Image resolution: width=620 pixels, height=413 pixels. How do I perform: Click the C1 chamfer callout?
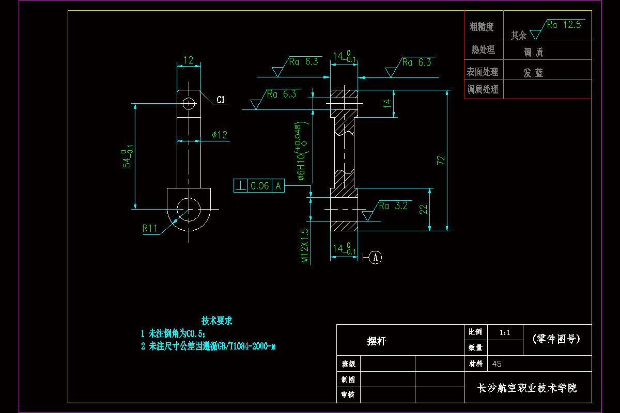coord(221,100)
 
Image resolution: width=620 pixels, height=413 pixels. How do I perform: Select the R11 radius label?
coord(150,228)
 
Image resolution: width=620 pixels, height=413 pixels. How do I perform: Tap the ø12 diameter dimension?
coord(220,135)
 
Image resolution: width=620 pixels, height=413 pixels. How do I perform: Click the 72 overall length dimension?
coord(441,160)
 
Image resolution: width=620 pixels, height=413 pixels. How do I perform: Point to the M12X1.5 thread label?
coord(305,246)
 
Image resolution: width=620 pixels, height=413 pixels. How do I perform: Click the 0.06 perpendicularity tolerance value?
coord(260,186)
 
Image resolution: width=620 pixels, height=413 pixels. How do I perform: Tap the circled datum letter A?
coord(376,257)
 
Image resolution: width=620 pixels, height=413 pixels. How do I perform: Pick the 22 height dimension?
coord(423,209)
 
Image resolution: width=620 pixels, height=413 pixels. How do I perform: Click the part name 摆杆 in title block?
coord(377,341)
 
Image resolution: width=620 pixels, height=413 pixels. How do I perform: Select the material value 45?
coord(497,364)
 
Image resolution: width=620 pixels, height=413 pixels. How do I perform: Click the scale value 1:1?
coord(505,333)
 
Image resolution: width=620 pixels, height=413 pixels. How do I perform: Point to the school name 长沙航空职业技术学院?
coord(527,388)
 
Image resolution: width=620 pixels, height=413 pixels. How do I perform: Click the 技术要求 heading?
coord(216,321)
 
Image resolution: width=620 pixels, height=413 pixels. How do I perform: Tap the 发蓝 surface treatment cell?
coord(534,73)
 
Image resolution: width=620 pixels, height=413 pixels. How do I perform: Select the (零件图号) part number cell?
coord(556,339)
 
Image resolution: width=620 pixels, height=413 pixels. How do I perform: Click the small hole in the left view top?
coord(189,103)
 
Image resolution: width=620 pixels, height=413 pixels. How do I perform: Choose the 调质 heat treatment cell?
coord(533,52)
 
